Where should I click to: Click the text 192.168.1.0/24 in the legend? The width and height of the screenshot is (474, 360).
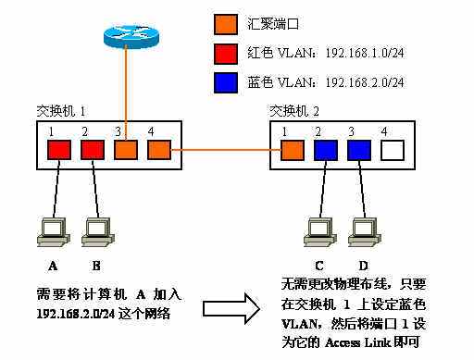365,52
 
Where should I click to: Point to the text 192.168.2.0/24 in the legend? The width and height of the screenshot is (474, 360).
365,82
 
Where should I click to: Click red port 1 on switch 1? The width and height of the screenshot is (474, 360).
58,149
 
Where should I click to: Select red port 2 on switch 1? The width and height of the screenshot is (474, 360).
92,149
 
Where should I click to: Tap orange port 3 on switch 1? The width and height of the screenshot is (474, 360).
125,149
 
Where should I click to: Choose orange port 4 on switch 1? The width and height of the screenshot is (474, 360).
158,149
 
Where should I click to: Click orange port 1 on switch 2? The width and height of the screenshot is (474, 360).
293,149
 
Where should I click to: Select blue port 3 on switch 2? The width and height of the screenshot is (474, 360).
360,149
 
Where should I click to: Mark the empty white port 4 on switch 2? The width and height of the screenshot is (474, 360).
393,149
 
